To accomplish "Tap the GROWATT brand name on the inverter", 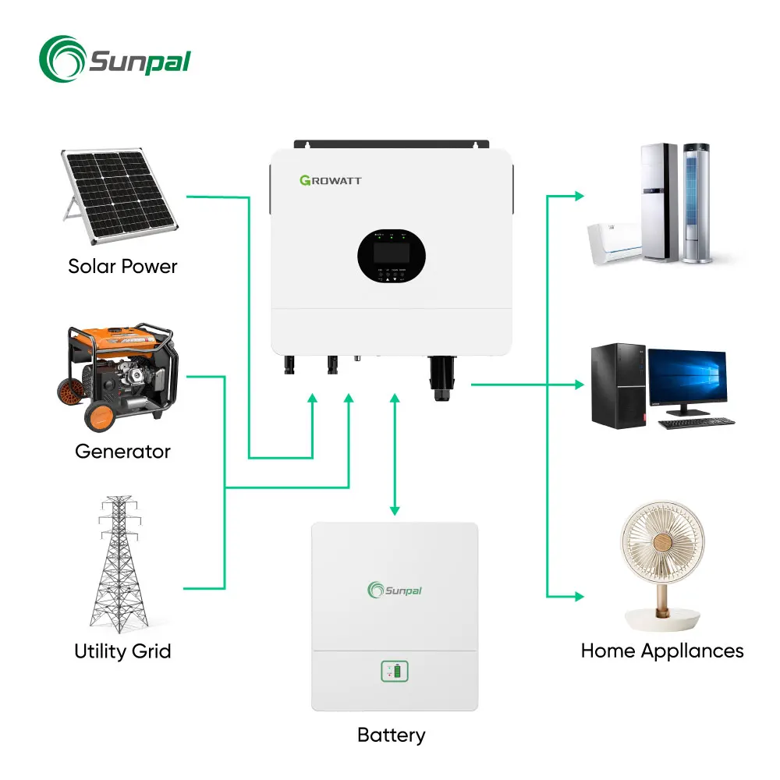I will (x=330, y=180).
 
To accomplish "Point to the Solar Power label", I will (x=122, y=266).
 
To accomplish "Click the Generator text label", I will (x=122, y=451).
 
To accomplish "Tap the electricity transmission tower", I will (x=120, y=562).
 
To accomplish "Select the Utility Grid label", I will (x=122, y=651).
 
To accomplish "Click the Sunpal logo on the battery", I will (x=394, y=590).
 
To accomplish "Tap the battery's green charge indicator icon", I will (x=394, y=672).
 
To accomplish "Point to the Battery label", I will (x=391, y=735).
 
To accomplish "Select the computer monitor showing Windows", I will (x=687, y=378).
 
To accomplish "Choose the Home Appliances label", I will (x=662, y=651).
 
